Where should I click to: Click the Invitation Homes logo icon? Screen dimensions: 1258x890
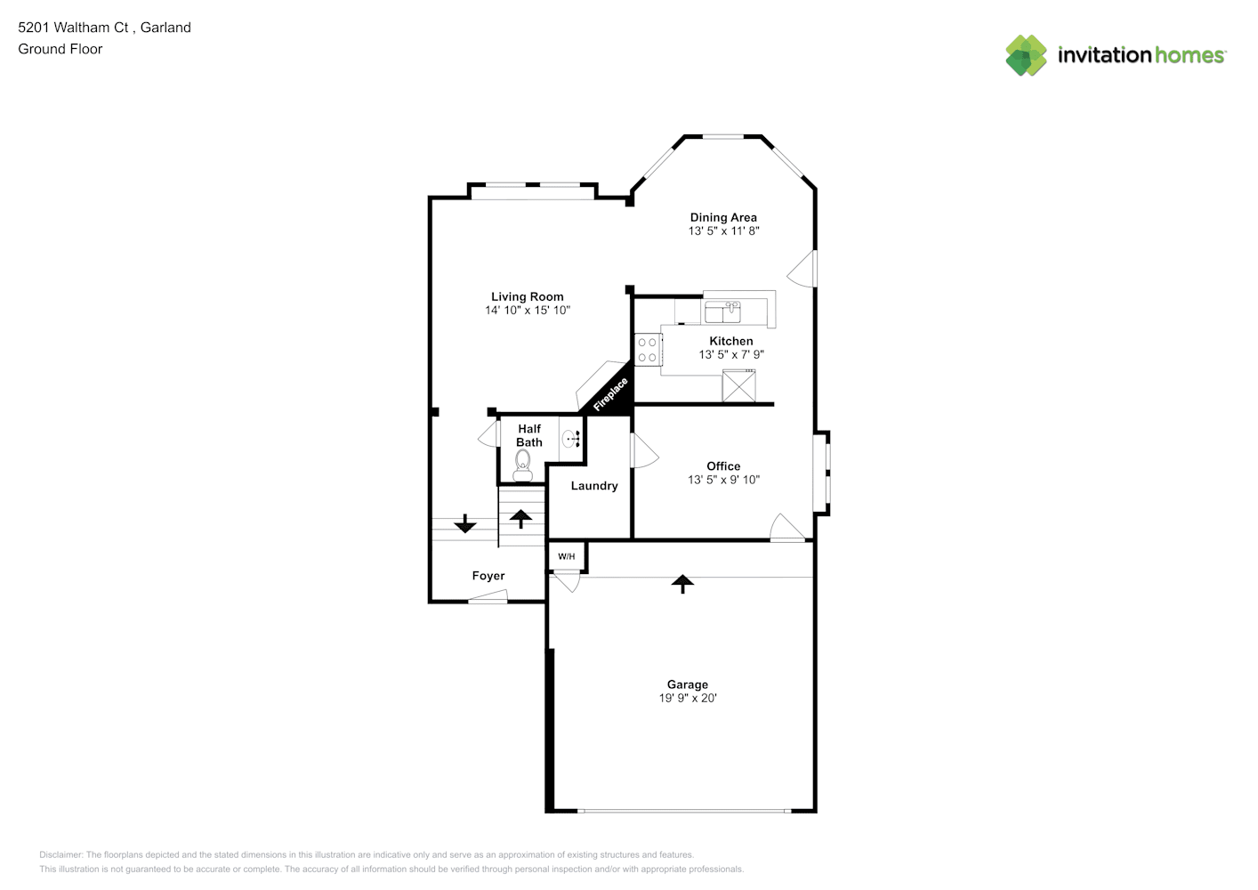[x=1026, y=55]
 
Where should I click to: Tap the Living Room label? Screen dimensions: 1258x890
[x=528, y=296]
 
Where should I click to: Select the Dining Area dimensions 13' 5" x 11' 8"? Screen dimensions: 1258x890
[x=724, y=231]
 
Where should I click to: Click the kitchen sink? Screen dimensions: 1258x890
[x=722, y=311]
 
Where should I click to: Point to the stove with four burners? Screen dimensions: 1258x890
[x=648, y=350]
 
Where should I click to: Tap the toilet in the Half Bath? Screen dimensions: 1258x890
[x=523, y=466]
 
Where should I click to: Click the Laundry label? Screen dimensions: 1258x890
[x=594, y=485]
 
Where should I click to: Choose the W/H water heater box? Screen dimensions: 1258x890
[x=567, y=556]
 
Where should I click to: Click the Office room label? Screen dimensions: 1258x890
[x=723, y=466]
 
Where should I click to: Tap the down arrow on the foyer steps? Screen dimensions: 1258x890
[x=465, y=523]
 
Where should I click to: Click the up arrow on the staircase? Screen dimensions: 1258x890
[x=520, y=519]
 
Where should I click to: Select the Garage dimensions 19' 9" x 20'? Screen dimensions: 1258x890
[x=688, y=698]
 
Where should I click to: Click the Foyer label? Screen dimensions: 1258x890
[x=488, y=576]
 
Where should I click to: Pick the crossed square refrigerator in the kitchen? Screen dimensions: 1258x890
[x=739, y=386]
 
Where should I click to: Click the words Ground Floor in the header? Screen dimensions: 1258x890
[x=60, y=50]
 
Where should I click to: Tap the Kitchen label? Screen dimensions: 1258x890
[x=731, y=341]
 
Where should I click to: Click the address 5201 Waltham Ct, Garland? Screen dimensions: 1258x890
[x=104, y=28]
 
